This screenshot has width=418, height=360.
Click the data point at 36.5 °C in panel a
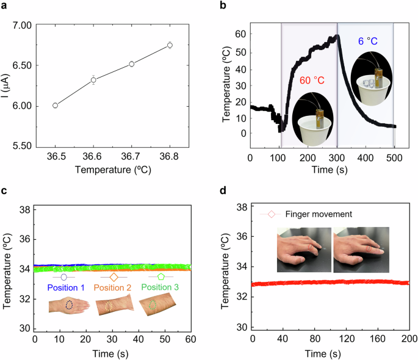[56, 106]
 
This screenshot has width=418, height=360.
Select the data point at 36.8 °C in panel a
[170, 45]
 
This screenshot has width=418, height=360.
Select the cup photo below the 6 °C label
[372, 79]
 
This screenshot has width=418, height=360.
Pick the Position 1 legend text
[68, 287]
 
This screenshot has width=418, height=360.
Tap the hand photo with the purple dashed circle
[70, 305]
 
